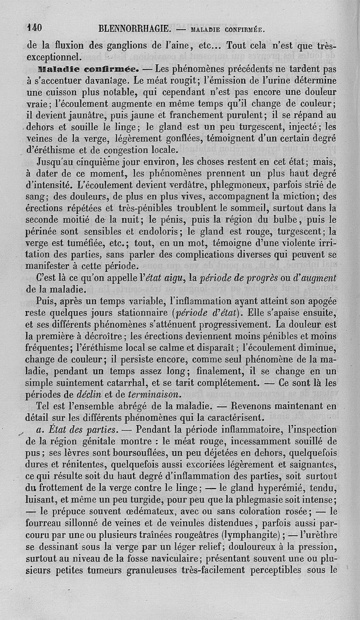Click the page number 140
(34, 28)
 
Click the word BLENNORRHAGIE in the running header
(134, 29)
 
